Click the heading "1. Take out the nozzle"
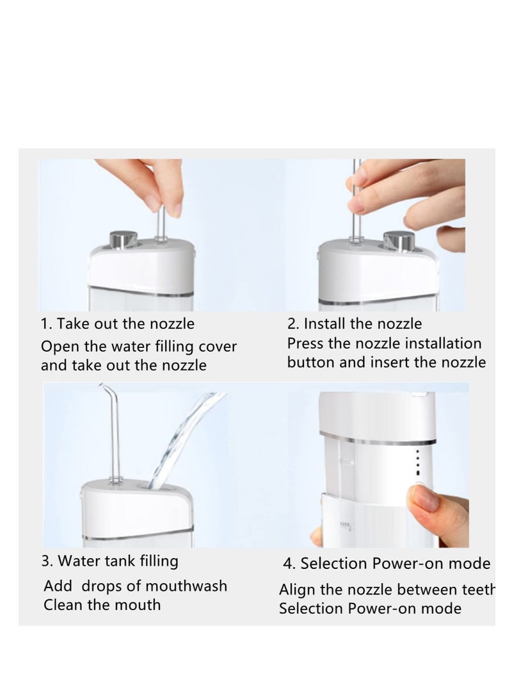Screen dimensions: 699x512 click(x=118, y=324)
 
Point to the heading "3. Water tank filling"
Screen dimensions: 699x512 click(x=109, y=561)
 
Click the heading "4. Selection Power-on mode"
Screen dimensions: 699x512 click(x=387, y=564)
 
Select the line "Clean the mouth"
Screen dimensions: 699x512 click(x=102, y=604)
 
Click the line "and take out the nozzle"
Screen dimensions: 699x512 click(x=124, y=365)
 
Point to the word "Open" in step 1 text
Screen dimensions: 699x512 click(x=59, y=347)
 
